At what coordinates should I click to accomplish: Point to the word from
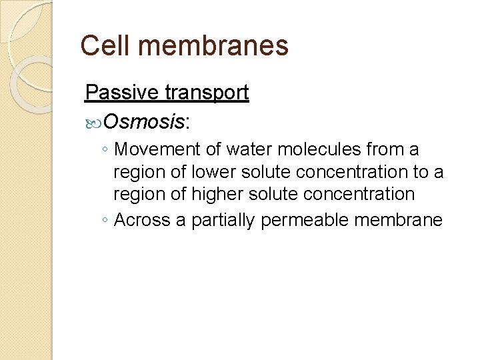[385, 150]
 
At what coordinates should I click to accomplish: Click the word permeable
[306, 221]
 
